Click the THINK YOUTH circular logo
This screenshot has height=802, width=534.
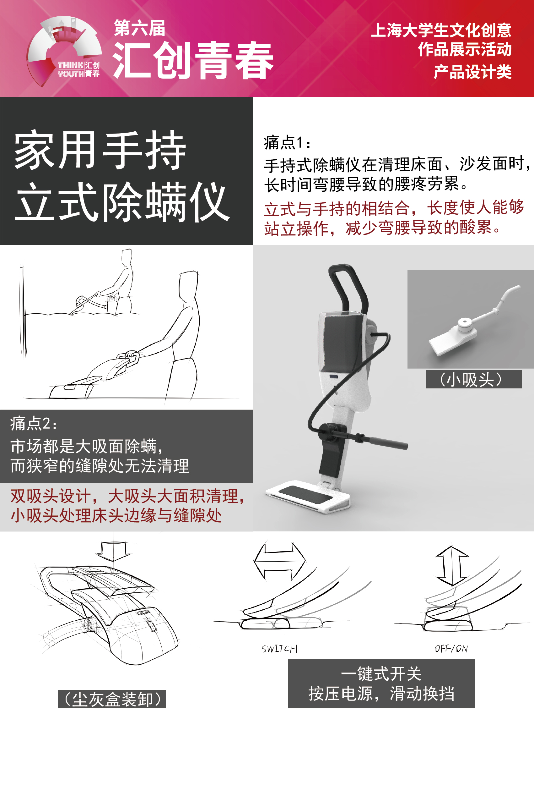(64, 51)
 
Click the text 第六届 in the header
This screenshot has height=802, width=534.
(139, 28)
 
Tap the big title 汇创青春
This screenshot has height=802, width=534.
(193, 61)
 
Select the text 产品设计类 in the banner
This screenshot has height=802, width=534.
(472, 72)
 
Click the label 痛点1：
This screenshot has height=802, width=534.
(287, 143)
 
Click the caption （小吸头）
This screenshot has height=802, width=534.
(473, 379)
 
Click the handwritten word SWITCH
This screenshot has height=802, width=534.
(279, 649)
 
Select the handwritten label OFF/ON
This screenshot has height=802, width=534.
(451, 649)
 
